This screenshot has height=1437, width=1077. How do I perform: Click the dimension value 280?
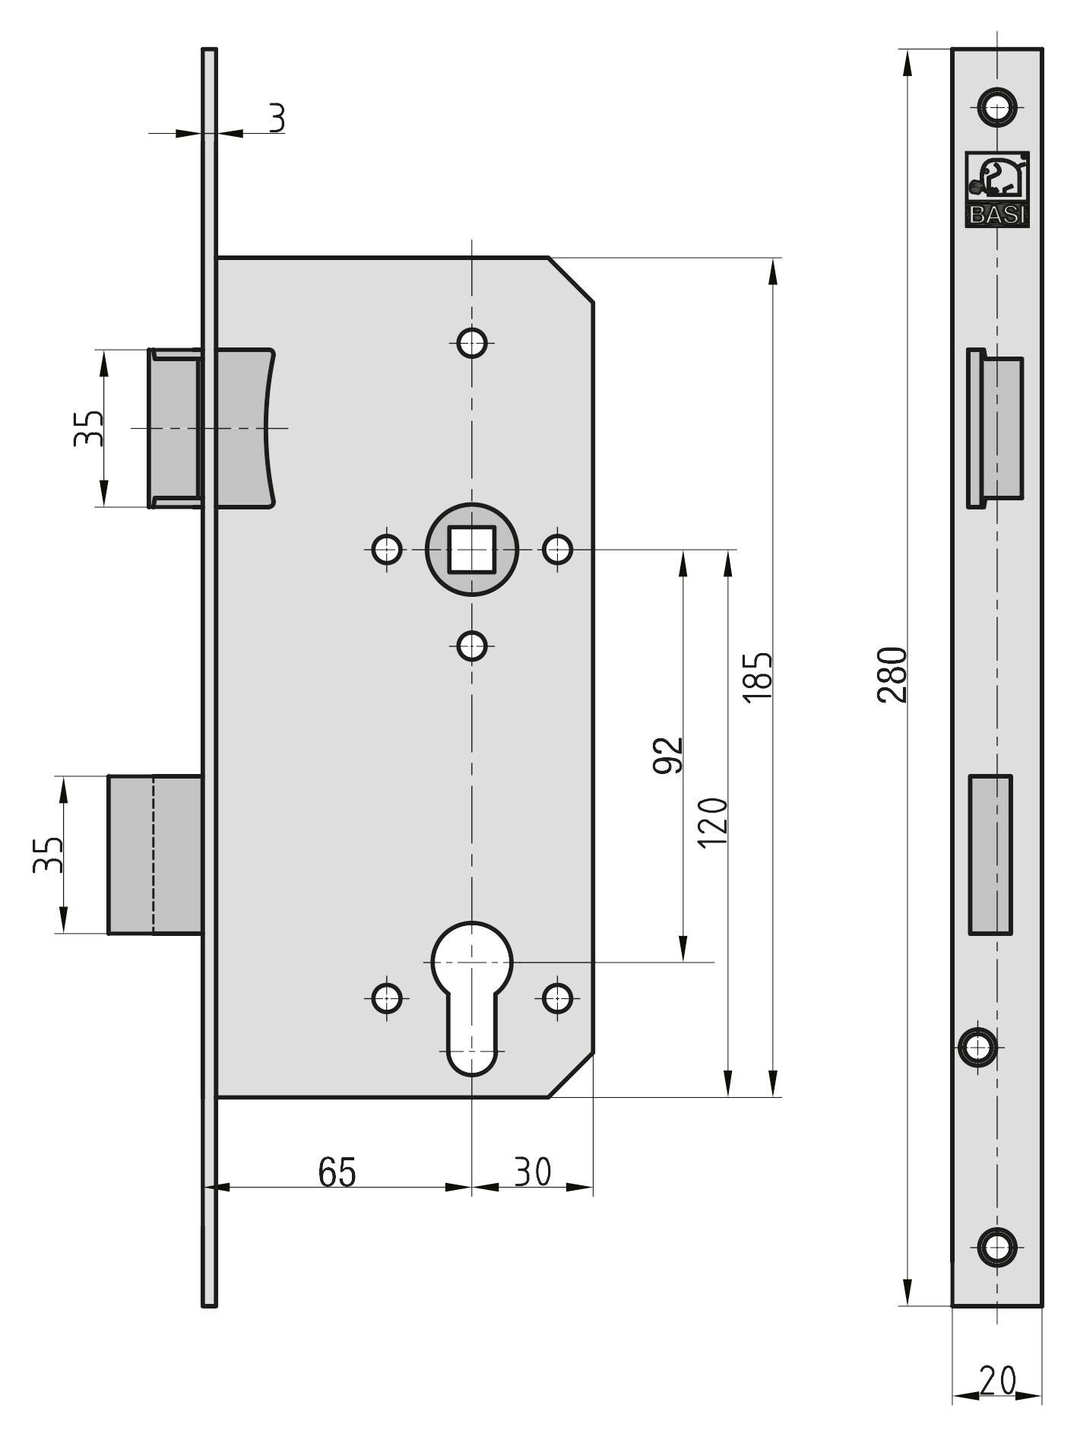tap(892, 674)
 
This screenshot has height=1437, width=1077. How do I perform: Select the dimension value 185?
tap(758, 676)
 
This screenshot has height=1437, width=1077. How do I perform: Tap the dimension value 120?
tap(713, 823)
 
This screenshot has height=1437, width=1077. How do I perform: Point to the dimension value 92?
tap(668, 755)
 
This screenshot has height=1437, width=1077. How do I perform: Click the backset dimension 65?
tap(337, 1172)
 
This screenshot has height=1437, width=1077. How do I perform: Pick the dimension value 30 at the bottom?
tap(532, 1172)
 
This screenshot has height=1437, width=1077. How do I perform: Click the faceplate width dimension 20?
tap(997, 1380)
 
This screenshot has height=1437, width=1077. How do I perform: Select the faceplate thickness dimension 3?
tap(277, 119)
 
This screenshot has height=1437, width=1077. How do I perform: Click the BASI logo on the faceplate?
tap(997, 189)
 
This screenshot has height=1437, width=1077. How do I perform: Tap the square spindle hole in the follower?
tap(472, 550)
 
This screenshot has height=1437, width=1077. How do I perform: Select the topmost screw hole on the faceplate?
tap(997, 106)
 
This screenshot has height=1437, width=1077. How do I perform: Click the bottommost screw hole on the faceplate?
tap(997, 1245)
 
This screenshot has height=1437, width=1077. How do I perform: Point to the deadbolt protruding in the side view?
tap(155, 855)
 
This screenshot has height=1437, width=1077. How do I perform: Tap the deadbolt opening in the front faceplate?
tap(990, 855)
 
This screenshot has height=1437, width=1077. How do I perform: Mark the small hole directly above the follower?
tap(472, 342)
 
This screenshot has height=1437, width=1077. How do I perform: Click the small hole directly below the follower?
tap(472, 647)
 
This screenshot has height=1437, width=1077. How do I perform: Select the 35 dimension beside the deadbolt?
tap(47, 855)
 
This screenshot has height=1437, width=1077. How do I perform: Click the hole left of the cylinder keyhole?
tap(388, 998)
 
